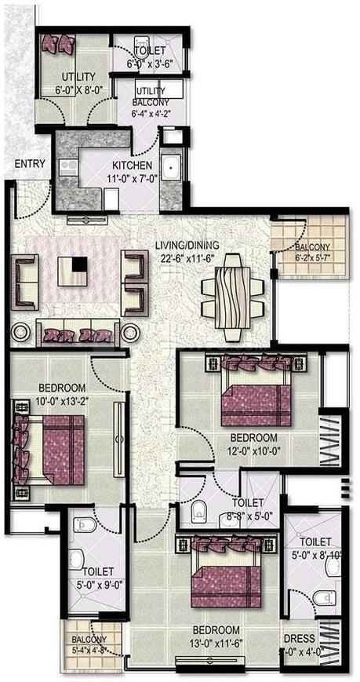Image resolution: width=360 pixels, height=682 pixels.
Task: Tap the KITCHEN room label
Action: point(132,166)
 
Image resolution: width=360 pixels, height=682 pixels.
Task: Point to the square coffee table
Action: point(74,272)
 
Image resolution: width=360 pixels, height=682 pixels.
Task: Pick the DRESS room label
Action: point(301,639)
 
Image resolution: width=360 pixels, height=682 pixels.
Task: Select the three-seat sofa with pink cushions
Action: point(76,331)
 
